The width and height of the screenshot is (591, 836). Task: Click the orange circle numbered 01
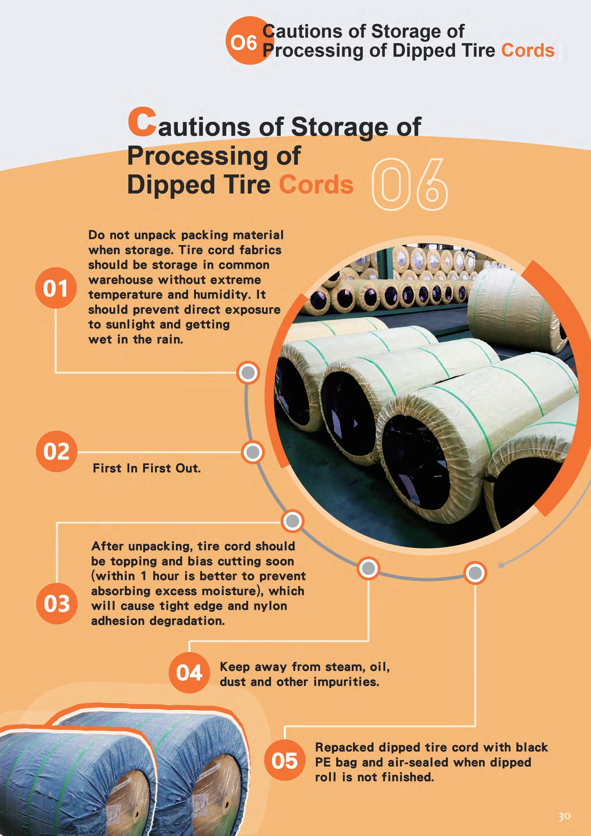56,288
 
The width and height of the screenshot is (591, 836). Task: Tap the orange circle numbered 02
56,452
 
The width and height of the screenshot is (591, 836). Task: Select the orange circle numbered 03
57,603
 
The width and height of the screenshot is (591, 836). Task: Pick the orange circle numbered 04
189,673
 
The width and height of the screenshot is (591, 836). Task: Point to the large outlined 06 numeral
409,185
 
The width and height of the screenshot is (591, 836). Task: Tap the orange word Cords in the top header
528,50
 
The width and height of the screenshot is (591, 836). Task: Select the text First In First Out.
147,468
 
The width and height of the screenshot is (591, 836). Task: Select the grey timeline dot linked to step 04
368,568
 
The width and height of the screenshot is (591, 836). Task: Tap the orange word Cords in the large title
316,185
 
